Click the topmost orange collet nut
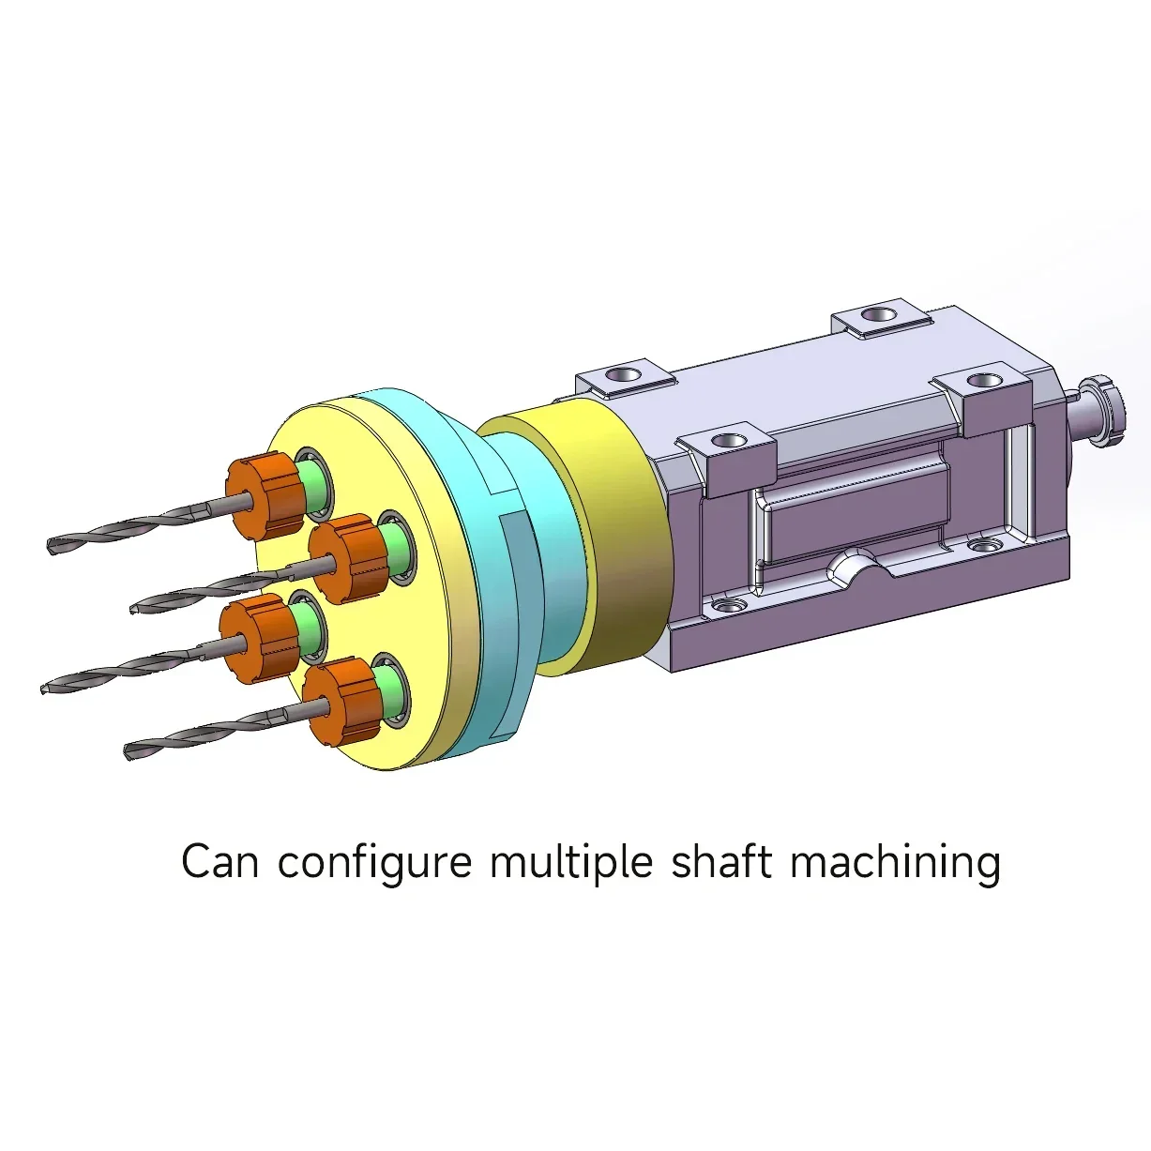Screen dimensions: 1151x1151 [264, 495]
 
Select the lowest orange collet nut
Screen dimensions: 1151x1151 [341, 702]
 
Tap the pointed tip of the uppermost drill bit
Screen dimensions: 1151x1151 [50, 545]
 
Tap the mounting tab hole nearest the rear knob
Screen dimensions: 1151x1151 [985, 380]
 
